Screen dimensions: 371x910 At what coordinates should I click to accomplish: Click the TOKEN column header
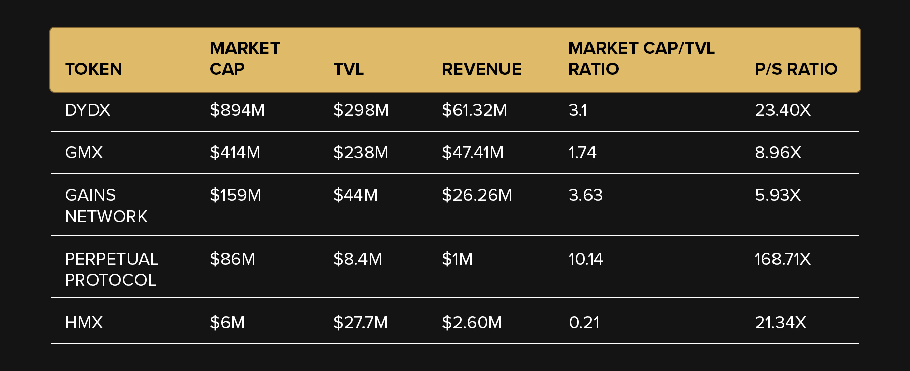[x=94, y=69]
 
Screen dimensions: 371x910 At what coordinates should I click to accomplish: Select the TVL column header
[x=348, y=69]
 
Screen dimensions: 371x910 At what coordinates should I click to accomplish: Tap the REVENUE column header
[x=481, y=69]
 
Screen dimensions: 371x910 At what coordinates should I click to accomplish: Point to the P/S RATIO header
[x=796, y=69]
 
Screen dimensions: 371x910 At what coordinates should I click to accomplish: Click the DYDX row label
[x=87, y=110]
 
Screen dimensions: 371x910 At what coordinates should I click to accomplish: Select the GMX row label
[x=84, y=152]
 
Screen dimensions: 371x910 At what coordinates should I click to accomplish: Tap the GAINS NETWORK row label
[x=106, y=205]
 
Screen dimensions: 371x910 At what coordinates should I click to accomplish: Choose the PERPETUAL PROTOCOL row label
[x=111, y=269]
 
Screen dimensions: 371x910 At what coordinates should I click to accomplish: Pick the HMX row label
[x=84, y=322]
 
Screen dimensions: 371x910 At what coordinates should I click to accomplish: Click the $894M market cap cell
[x=237, y=110]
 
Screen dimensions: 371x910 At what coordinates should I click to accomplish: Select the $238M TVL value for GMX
[x=360, y=152]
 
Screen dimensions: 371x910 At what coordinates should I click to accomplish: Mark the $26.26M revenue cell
[x=477, y=195]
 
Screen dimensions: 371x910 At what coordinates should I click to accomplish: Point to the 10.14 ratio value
[x=585, y=259]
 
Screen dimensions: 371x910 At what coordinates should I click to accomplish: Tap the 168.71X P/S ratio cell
[x=783, y=259]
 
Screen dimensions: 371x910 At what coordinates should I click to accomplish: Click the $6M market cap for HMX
[x=227, y=322]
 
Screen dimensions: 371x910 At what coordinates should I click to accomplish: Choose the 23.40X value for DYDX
[x=783, y=110]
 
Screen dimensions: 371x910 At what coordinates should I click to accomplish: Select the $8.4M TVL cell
[x=357, y=259]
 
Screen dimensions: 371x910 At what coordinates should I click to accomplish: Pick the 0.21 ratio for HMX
[x=584, y=322]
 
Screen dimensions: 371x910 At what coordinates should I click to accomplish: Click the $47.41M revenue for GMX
[x=473, y=152]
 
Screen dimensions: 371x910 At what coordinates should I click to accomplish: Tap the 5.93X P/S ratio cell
[x=778, y=195]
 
